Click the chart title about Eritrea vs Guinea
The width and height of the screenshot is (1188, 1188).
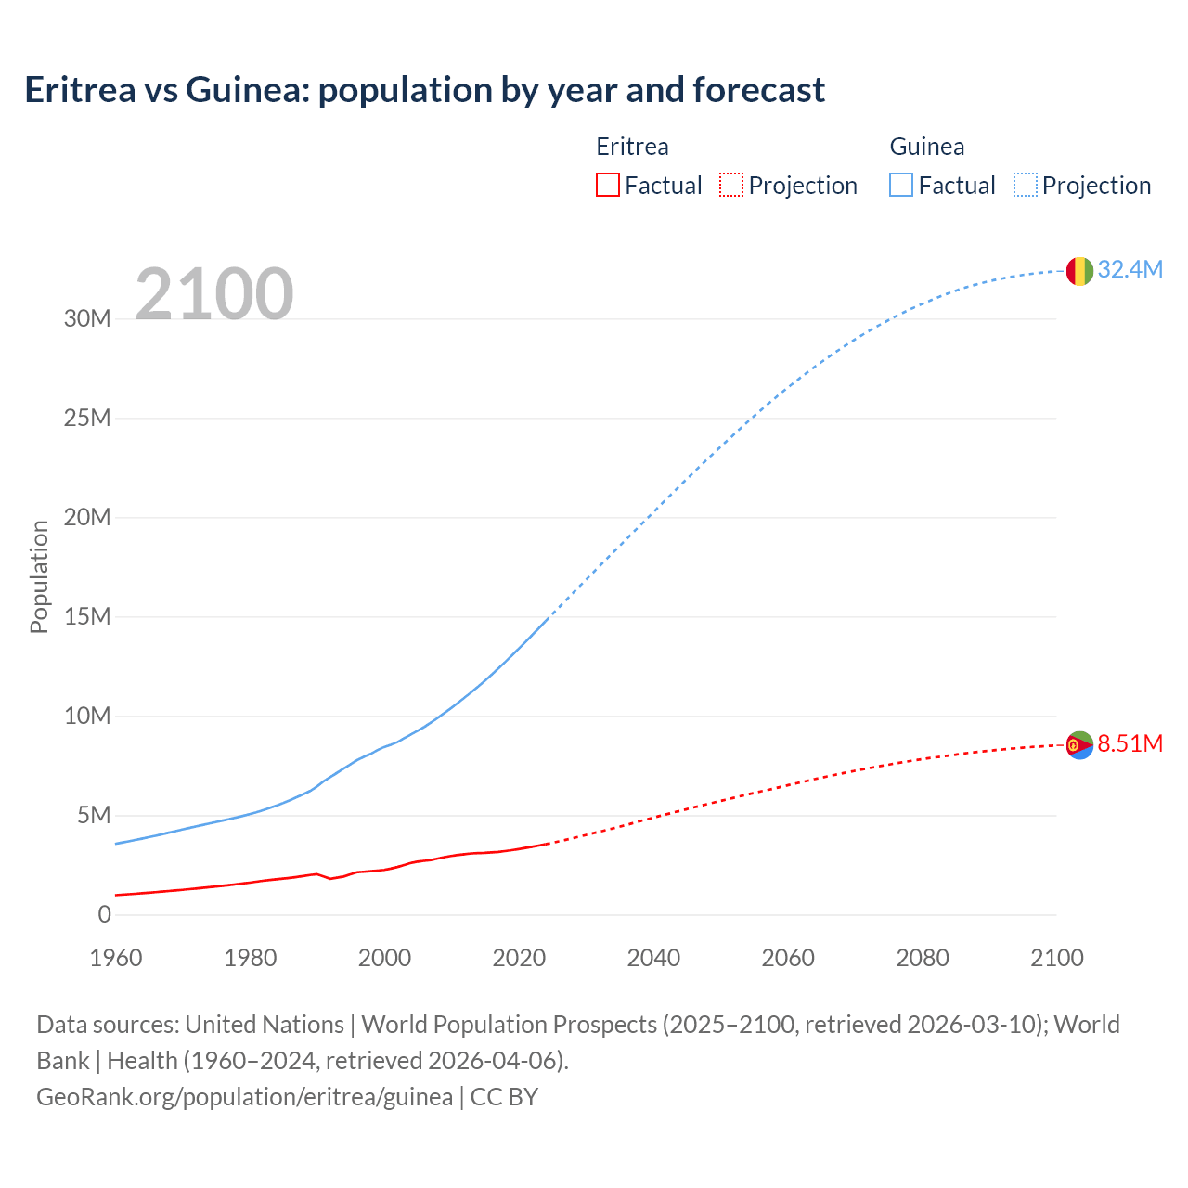[424, 90]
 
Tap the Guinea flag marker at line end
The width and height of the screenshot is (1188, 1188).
[1079, 271]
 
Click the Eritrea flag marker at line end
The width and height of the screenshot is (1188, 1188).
[1079, 745]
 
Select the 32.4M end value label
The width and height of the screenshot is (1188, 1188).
[1130, 269]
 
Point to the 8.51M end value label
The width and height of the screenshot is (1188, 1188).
[1130, 743]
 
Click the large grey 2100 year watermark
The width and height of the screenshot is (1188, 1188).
[214, 294]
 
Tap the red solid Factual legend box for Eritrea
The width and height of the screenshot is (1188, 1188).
[607, 185]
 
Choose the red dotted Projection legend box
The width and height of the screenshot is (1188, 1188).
[731, 185]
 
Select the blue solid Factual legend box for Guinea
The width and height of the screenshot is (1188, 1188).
[901, 185]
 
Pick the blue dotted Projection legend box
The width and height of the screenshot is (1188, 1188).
[1026, 185]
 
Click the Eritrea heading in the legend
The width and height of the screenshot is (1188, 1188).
[632, 147]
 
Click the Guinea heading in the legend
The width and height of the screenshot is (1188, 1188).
[926, 147]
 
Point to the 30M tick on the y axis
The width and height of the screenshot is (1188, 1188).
[87, 318]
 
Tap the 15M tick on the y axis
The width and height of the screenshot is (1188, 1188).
[87, 616]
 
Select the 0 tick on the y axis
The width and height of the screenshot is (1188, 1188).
[104, 914]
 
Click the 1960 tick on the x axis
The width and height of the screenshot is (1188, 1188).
[116, 958]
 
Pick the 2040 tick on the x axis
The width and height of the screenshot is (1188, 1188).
[653, 958]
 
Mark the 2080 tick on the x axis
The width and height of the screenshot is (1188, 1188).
[923, 958]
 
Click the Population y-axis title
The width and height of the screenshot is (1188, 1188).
[39, 576]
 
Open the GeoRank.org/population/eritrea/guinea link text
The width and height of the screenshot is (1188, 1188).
[244, 1096]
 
